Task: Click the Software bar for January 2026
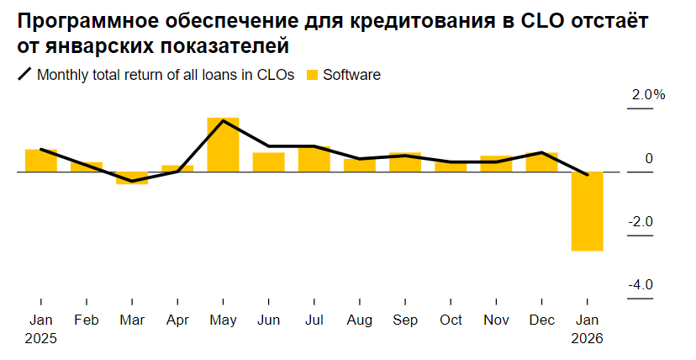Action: coord(587,211)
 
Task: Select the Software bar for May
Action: coord(223,145)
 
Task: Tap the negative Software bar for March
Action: coord(132,177)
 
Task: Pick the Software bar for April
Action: coord(177,168)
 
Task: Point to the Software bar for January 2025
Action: coord(41,161)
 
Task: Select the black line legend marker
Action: coord(24,75)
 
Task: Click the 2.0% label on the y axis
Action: coord(648,95)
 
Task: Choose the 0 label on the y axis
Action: coord(649,158)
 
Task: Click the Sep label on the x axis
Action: coord(405,320)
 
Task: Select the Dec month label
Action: coord(541,320)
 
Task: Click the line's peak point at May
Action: coord(223,121)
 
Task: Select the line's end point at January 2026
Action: coord(587,175)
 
